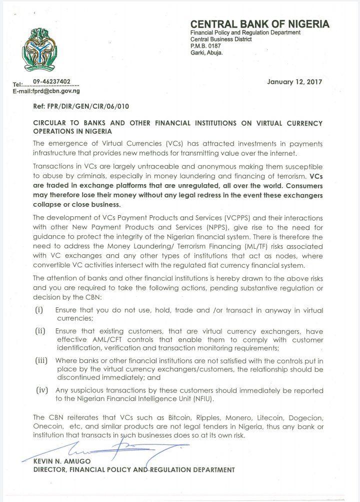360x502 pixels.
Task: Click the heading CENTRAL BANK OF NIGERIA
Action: [x=259, y=24]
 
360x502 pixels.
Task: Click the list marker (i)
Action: [x=39, y=310]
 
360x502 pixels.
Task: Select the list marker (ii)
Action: [x=40, y=331]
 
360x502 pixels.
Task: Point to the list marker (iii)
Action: [x=42, y=360]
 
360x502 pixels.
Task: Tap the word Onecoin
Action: [x=48, y=426]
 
